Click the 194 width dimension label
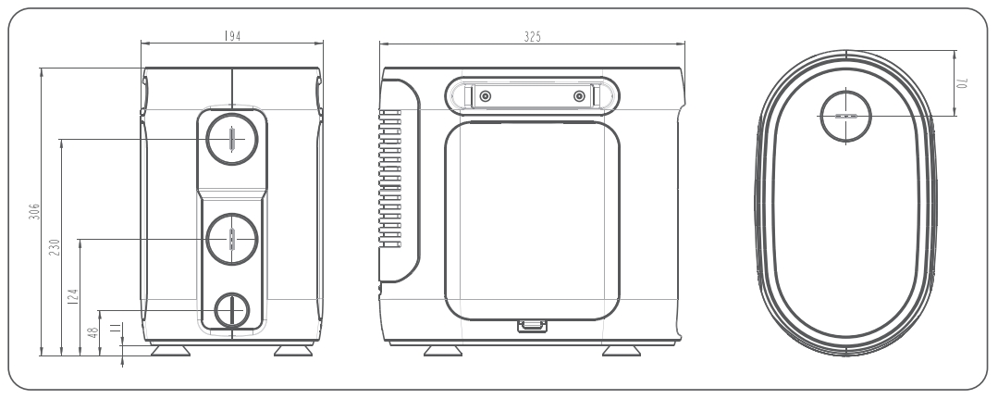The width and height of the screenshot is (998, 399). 232,35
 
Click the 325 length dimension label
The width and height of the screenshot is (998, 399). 532,35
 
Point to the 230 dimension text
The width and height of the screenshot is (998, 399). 54,247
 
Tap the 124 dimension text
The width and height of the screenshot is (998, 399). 73,296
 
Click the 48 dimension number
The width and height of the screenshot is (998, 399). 92,331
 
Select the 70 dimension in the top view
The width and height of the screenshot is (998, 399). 963,82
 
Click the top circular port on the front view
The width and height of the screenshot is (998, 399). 231,139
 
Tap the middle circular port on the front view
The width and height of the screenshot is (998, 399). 231,240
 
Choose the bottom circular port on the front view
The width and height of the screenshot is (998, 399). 231,311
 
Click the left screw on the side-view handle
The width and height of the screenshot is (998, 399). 484,95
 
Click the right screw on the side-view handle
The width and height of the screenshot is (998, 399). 580,95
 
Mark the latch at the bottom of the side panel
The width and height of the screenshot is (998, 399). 532,325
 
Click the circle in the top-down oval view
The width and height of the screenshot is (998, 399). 846,117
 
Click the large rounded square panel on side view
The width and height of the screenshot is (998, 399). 532,218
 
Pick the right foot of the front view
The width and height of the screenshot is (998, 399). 292,351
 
